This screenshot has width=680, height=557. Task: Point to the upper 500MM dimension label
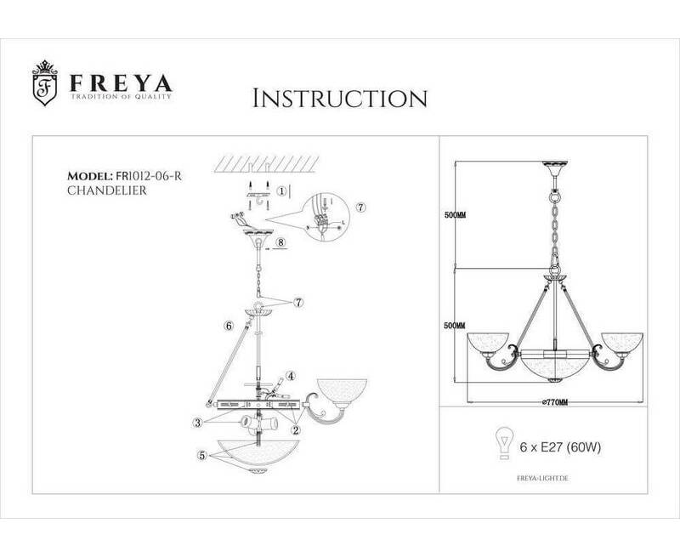(456, 214)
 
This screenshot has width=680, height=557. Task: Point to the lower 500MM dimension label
(456, 325)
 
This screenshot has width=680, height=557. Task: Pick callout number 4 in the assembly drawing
(290, 374)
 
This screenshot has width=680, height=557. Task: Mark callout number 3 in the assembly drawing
(196, 423)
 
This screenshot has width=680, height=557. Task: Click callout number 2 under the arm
(295, 430)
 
